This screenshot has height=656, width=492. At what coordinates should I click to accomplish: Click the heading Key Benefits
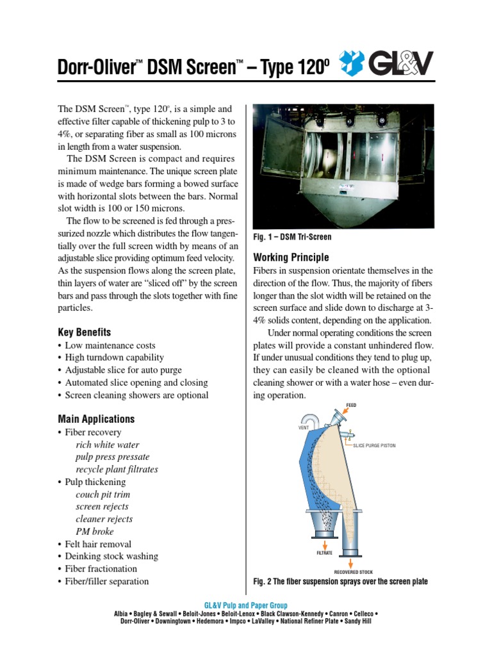(x=85, y=332)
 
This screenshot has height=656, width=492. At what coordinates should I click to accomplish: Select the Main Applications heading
(x=96, y=420)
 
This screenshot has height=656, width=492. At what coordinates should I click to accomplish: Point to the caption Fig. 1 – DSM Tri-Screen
(x=292, y=237)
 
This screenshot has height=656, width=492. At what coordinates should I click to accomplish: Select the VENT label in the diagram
(x=304, y=427)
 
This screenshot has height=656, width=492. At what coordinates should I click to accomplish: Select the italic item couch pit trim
(x=103, y=495)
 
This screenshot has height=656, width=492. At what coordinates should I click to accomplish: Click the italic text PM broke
(x=95, y=532)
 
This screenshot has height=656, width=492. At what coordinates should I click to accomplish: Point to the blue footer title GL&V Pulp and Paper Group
(x=245, y=605)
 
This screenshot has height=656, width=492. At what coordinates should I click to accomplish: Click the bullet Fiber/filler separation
(x=106, y=581)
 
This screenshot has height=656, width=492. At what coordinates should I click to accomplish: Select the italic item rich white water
(x=107, y=445)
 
